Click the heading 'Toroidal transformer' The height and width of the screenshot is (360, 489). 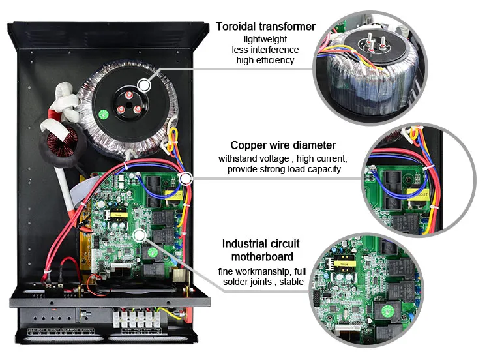[265, 27]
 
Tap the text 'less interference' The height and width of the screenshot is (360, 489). [265, 50]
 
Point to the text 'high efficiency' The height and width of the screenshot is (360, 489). [265, 60]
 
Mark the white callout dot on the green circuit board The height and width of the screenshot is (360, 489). [139, 233]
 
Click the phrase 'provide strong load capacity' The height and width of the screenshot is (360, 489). [283, 170]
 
